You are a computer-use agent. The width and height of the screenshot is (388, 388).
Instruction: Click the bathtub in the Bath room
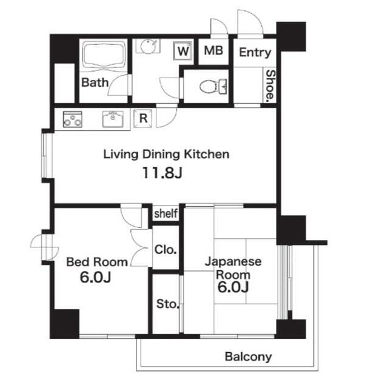tap(104, 55)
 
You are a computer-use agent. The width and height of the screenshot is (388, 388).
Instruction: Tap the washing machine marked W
tap(183, 51)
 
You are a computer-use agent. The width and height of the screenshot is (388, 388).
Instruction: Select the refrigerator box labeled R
tap(143, 119)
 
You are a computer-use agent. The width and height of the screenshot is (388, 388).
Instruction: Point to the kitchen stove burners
tap(73, 119)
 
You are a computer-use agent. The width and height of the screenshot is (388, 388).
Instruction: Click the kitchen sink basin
tap(113, 119)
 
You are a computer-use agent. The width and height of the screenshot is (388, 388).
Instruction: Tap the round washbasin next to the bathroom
tap(148, 46)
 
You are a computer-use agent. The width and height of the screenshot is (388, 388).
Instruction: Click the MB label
tap(213, 51)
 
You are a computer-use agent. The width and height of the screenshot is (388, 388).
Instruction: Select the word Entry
tap(255, 53)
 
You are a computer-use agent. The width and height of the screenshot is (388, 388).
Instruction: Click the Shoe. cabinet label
tap(270, 85)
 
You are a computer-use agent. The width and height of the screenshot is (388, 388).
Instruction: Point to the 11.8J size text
tap(162, 173)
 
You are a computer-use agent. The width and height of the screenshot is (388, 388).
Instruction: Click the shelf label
tap(166, 213)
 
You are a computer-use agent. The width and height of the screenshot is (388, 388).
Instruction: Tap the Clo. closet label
tap(166, 250)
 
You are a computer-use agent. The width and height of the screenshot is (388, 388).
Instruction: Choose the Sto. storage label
tap(167, 304)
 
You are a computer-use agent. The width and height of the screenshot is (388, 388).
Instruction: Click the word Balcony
tap(248, 357)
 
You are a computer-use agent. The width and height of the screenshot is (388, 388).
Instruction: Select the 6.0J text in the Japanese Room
tap(233, 287)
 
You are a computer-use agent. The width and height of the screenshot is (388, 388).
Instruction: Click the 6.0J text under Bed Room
tap(95, 277)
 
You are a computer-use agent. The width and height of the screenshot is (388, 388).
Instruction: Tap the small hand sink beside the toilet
tap(223, 87)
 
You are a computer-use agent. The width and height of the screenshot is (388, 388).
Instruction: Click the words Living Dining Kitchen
tap(166, 155)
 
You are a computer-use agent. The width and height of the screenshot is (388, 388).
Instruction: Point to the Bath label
tap(95, 82)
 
